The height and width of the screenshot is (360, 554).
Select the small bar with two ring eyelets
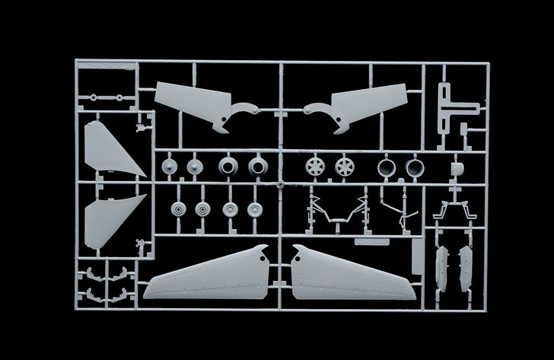pyautogui.click(x=104, y=98)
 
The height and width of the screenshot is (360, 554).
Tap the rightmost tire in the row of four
pyautogui.click(x=254, y=208)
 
